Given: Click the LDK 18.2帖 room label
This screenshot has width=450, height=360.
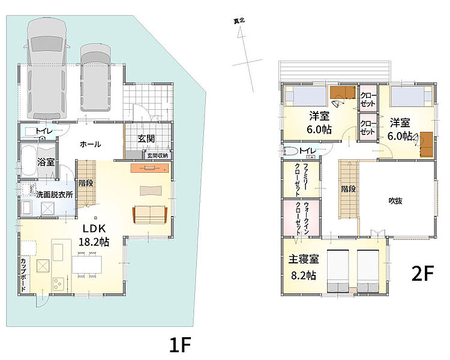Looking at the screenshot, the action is click(x=94, y=235).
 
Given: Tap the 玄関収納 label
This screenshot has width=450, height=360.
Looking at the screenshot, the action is click(x=158, y=155).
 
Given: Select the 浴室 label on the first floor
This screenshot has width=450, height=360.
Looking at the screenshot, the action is click(x=46, y=162).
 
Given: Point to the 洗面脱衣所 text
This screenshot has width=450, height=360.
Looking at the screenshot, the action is click(x=55, y=194).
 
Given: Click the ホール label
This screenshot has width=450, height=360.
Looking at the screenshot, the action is click(x=90, y=144).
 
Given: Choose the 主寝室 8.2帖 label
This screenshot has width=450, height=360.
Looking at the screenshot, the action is click(x=304, y=267).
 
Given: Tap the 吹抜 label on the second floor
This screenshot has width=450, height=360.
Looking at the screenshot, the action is click(x=395, y=201).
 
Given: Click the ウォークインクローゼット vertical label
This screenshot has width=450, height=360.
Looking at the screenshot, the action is click(x=302, y=218).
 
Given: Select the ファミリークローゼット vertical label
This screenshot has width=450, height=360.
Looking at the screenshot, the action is click(x=302, y=180).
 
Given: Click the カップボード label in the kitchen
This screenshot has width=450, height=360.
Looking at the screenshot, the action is click(x=23, y=275).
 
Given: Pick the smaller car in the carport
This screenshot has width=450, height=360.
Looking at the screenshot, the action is click(x=95, y=77).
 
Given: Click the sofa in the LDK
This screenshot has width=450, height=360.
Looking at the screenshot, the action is click(x=150, y=215).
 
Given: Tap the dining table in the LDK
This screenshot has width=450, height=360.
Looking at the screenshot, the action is click(x=87, y=264).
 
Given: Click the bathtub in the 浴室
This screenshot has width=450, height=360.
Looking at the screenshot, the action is click(x=28, y=161).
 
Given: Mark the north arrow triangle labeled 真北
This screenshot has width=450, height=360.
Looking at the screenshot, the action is click(x=240, y=34).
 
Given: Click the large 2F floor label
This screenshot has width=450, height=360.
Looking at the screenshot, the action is click(x=422, y=274).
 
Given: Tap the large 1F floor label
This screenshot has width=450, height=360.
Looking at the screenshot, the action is click(x=180, y=344).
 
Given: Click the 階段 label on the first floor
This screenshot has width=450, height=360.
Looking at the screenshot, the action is click(x=86, y=183).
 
